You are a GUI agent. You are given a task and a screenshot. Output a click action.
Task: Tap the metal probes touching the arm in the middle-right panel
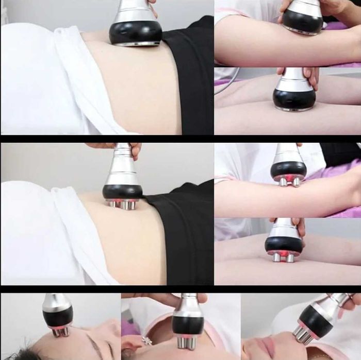(289, 181)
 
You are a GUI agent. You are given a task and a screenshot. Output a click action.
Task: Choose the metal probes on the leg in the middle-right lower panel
(284, 256)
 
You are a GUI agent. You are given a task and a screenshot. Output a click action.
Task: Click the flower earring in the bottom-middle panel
(147, 340)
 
